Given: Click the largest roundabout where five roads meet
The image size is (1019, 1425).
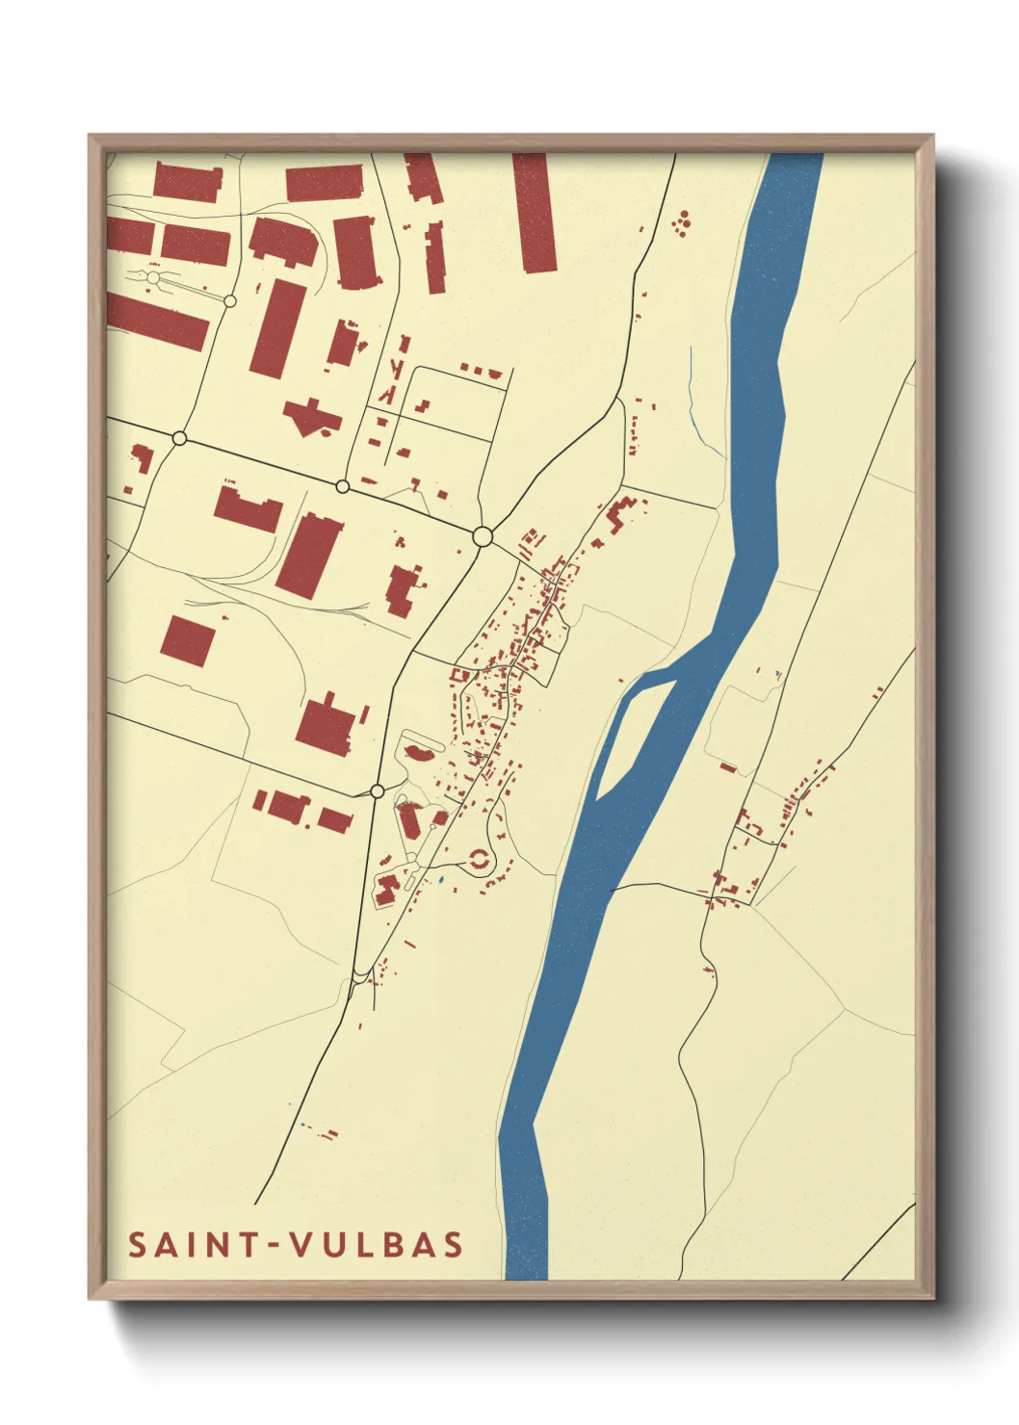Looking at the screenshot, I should tap(483, 536).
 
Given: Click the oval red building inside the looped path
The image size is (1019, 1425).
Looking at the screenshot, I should tap(419, 748).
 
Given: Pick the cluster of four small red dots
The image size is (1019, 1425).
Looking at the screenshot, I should tap(684, 223).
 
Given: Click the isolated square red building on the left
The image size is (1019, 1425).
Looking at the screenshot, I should tap(187, 641).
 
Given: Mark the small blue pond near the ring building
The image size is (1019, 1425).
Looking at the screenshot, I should tap(439, 879).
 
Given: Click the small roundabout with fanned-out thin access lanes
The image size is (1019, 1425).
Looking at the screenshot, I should tap(153, 278).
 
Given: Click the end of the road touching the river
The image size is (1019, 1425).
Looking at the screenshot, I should tap(613, 887).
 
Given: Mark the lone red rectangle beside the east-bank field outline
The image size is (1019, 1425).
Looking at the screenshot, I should tap(728, 767).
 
